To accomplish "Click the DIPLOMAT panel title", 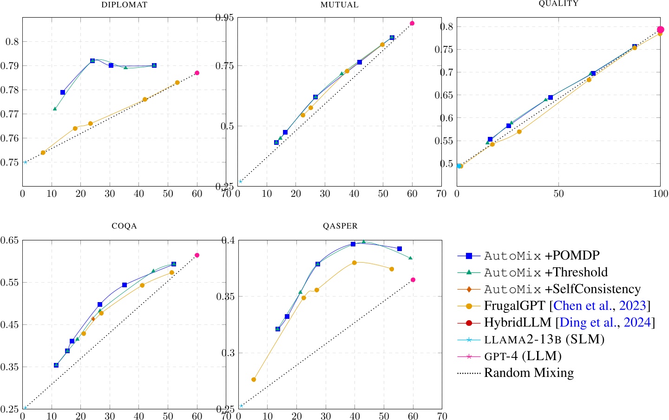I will [124, 5].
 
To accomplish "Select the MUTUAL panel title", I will [340, 5].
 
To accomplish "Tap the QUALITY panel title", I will [558, 4].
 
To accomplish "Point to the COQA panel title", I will [124, 226].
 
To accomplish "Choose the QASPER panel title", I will [340, 226].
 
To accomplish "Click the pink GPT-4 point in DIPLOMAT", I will [197, 73].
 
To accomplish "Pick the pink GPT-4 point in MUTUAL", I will [412, 23].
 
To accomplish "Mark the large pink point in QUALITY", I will [660, 30].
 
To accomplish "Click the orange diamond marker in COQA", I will [93, 319].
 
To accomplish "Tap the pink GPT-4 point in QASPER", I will [413, 280].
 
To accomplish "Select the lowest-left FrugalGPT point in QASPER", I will [254, 380].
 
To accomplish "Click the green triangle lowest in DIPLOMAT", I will [55, 109].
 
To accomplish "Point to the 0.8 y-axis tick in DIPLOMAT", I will [12, 42].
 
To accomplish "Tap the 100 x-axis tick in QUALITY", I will [660, 194].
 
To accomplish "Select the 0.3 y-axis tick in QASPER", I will [228, 353].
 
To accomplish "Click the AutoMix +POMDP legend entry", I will [542, 255].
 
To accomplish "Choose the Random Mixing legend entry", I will [529, 373].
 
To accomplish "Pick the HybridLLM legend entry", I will [569, 323].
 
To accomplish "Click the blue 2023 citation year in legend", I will [633, 305].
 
